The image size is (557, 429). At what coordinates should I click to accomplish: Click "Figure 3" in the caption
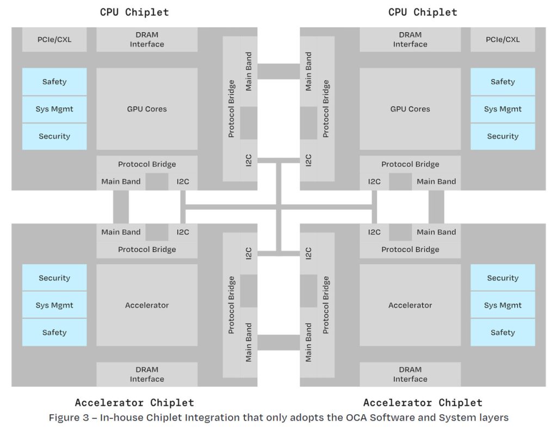click(69, 418)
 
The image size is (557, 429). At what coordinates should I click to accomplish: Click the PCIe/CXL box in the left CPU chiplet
click(54, 40)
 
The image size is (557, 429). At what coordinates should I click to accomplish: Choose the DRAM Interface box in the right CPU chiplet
click(410, 40)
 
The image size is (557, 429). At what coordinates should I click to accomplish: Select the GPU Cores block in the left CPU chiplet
click(147, 109)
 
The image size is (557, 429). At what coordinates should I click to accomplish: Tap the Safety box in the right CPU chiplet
click(503, 82)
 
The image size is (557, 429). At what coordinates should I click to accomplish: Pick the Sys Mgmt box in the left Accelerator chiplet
click(54, 305)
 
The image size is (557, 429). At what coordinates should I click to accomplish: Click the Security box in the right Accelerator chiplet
click(503, 278)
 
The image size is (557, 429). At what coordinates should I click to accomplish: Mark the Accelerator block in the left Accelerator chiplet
click(147, 305)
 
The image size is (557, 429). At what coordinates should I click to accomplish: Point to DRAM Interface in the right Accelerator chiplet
click(410, 374)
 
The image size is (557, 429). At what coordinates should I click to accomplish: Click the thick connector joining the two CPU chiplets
click(278, 71)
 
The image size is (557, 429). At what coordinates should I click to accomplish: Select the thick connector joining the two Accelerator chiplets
click(278, 342)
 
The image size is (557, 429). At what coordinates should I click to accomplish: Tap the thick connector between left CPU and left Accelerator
click(121, 207)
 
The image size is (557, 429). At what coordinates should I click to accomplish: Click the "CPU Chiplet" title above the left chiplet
click(134, 12)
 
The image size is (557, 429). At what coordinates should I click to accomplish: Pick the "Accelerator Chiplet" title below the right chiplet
click(423, 403)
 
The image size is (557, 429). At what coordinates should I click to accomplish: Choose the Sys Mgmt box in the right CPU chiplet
click(503, 109)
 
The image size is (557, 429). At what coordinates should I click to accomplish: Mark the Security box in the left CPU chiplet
click(54, 137)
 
